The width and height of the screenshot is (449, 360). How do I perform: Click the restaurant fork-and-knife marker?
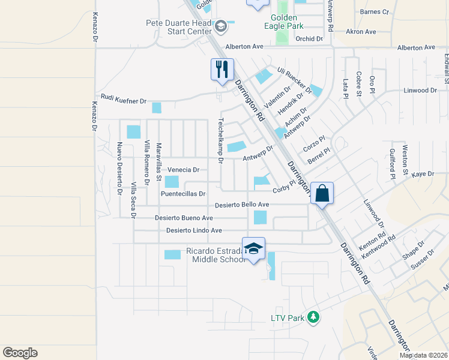point(221,70)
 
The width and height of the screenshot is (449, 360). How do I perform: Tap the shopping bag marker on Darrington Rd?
point(322,194)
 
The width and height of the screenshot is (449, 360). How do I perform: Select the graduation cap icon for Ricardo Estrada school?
point(253,249)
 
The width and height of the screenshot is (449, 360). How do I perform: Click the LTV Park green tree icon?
point(312,317)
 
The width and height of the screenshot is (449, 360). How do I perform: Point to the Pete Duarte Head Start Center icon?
point(221,26)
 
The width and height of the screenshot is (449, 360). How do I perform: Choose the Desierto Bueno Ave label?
point(184,218)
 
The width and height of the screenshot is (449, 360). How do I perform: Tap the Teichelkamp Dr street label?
point(220,141)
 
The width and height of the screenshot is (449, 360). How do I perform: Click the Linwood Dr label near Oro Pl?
point(420,90)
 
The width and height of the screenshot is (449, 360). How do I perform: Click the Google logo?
point(20,353)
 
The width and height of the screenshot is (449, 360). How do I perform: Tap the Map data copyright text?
point(423,355)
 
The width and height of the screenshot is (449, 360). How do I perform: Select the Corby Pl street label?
point(285,188)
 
